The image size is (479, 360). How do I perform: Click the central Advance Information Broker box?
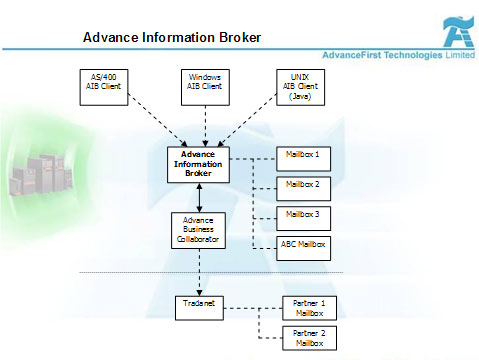197,164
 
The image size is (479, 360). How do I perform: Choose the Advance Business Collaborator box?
199,231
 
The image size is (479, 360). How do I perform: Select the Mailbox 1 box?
302,155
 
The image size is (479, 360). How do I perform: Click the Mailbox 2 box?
302,185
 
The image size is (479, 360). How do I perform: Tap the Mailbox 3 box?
302,215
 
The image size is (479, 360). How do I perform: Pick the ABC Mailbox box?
302,244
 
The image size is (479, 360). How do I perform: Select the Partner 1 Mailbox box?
302,307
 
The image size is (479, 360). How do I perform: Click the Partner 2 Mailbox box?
302,337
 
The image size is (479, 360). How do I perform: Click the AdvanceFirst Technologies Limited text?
398,55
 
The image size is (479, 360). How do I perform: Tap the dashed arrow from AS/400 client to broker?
146,119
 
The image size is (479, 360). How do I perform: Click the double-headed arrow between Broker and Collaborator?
201,197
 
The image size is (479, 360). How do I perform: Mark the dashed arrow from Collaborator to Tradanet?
200,270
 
